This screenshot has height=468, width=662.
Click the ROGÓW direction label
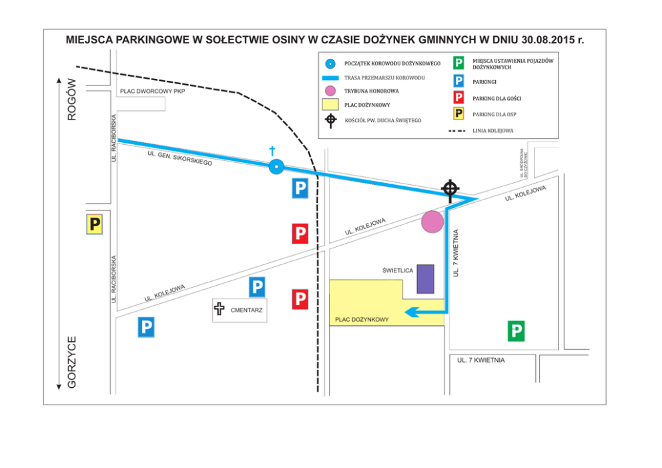click(x=72, y=99)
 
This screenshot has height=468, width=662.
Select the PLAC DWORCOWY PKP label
click(x=152, y=91)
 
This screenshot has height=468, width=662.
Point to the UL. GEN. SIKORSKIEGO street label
click(x=180, y=158)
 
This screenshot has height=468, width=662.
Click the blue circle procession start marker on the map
click(x=276, y=167)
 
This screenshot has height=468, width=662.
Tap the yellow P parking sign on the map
click(x=95, y=224)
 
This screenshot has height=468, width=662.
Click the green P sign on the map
click(x=516, y=331)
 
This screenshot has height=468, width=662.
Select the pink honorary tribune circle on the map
click(x=432, y=222)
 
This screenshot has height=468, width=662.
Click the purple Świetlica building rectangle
click(x=425, y=279)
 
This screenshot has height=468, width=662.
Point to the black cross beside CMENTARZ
click(x=219, y=309)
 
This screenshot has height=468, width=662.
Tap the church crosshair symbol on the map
click(x=450, y=188)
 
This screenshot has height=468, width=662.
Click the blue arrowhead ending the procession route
click(x=413, y=311)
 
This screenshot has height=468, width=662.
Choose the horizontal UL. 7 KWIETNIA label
click(x=480, y=361)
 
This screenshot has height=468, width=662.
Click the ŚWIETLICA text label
click(x=398, y=270)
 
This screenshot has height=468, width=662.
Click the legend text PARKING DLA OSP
click(x=494, y=115)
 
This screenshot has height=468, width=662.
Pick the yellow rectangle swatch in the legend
click(x=330, y=105)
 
